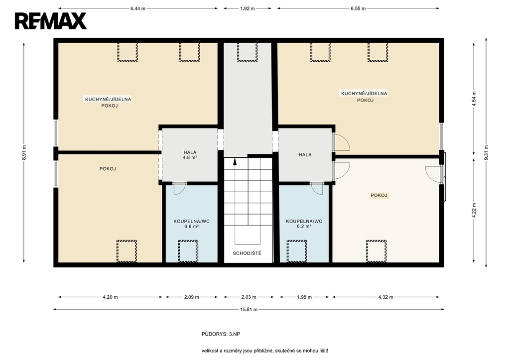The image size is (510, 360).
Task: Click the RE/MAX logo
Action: pos(51,21)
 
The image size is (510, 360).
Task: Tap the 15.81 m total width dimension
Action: pos(249,310)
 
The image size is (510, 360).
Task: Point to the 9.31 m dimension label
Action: pos(486,152)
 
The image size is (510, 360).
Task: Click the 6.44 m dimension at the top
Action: pos(138,9)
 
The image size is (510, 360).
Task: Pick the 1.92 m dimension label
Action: pos(248,9)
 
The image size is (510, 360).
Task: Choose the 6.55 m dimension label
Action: pos(358,9)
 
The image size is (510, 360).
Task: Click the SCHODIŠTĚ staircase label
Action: pos(247,253)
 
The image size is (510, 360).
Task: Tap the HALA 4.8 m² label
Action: pos(190,154)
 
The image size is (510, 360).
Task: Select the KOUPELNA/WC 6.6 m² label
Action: pos(192,224)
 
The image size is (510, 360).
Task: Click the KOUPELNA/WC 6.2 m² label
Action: pos(304,224)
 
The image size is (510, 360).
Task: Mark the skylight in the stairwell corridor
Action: pos(247,52)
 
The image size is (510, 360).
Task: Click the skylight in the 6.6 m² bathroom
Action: pos(188,251)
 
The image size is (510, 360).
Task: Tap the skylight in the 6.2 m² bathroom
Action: pos(297,251)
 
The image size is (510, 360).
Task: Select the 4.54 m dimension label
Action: pos(474,99)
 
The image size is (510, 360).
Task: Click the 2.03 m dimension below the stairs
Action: pos(249,297)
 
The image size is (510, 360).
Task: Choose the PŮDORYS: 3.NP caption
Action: pos(221,334)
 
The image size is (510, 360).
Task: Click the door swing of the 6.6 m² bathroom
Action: pos(179,189)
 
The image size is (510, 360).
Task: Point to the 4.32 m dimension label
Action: pos(385,297)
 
